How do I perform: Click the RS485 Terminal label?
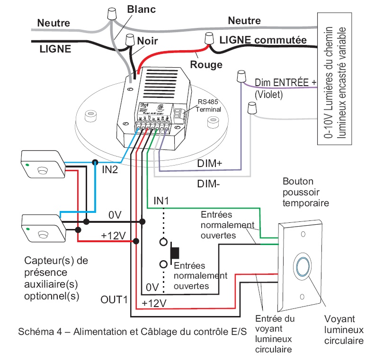click(x=209, y=105)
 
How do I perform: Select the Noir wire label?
click(x=147, y=41)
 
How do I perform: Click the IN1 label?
click(x=161, y=201)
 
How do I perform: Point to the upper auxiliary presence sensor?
click(x=42, y=164)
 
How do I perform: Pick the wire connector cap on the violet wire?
click(x=241, y=76)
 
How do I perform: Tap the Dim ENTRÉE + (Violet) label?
click(x=284, y=88)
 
